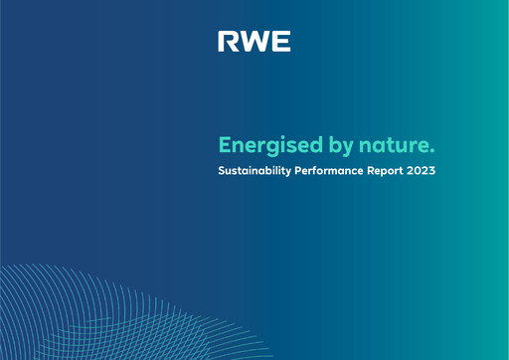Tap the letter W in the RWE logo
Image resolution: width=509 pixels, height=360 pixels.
(254, 42)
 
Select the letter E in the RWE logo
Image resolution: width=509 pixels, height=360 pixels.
(281, 42)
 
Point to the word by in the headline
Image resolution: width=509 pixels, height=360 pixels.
(329, 145)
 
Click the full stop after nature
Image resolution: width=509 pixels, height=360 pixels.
(432, 150)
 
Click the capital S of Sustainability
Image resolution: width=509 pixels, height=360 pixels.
(222, 171)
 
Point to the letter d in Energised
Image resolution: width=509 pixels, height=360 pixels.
(307, 144)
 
